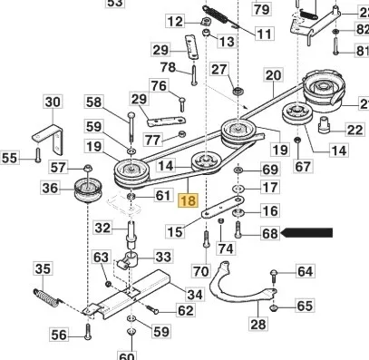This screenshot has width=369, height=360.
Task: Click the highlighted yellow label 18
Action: [x=188, y=201]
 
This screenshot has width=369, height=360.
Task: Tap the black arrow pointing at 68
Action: [x=306, y=233]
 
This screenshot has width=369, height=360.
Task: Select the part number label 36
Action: [x=50, y=189]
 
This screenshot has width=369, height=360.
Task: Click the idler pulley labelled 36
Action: [x=89, y=190]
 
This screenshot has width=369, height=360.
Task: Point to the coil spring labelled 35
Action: [x=48, y=297]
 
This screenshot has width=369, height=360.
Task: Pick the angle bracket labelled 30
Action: [x=48, y=140]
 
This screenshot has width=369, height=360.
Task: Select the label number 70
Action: [x=201, y=271]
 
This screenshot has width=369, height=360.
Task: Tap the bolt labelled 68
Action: [x=238, y=229]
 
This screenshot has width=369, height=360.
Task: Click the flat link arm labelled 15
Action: [x=223, y=207]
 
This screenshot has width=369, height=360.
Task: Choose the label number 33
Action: [x=163, y=257]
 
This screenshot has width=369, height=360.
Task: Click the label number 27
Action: [x=219, y=70]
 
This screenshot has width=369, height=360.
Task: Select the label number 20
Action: [x=274, y=75]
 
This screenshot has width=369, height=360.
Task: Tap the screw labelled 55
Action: [x=37, y=154]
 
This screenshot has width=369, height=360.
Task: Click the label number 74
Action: [x=226, y=248]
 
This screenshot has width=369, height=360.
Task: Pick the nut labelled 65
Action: [x=274, y=308]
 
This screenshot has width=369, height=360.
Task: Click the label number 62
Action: [x=185, y=310]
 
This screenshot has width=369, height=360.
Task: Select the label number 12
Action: [x=175, y=22]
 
